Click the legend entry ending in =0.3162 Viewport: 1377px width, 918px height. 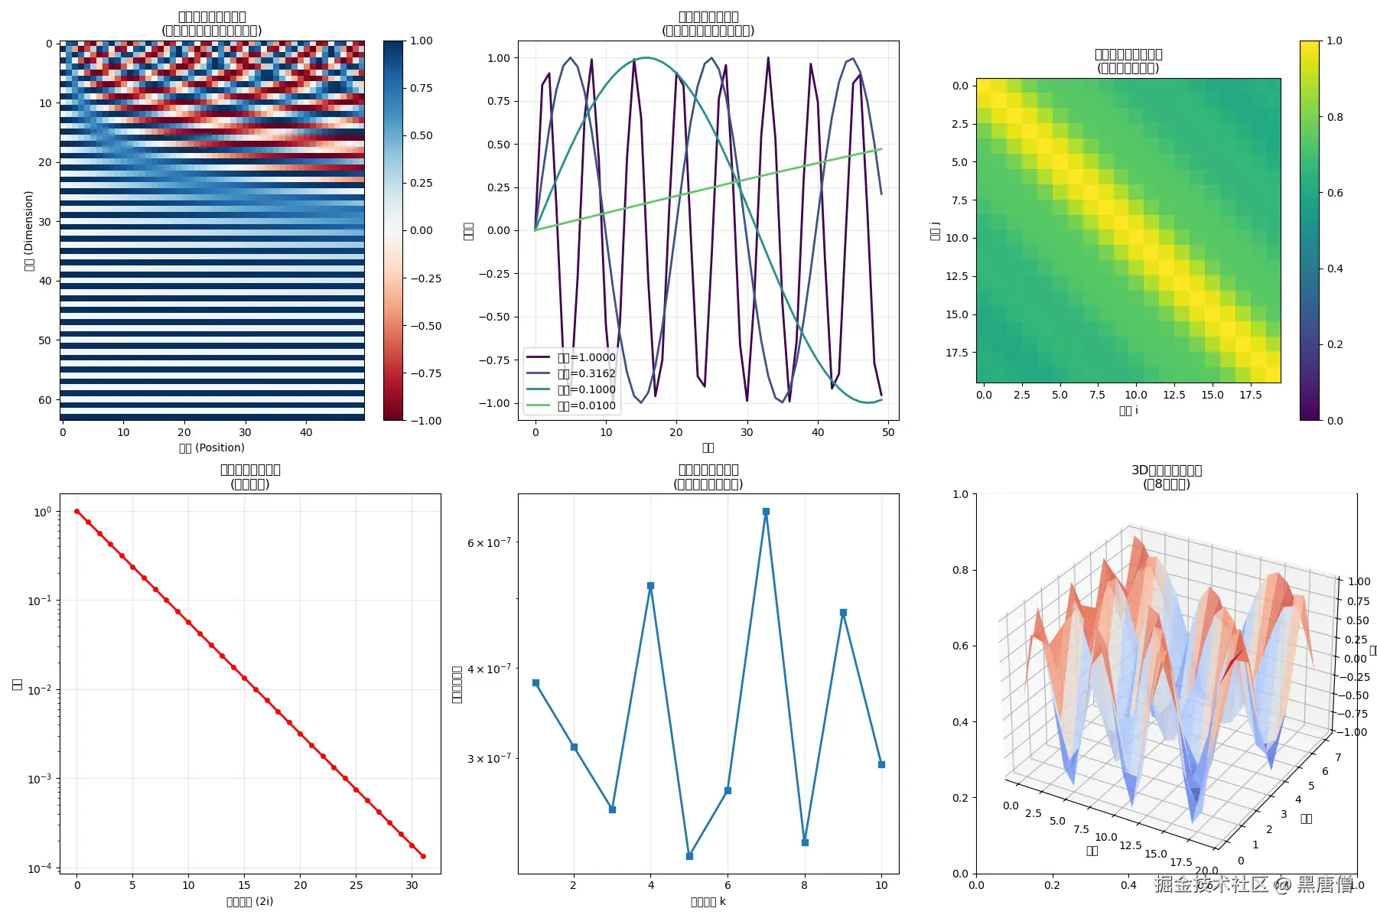pyautogui.click(x=586, y=373)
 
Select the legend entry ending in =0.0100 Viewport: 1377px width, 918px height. pyautogui.click(x=586, y=405)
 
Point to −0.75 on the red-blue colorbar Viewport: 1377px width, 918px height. pyautogui.click(x=426, y=373)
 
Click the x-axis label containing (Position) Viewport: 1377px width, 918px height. pyautogui.click(x=212, y=448)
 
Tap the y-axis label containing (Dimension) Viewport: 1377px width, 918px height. pyautogui.click(x=29, y=230)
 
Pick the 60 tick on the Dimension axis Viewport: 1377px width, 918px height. pyautogui.click(x=45, y=399)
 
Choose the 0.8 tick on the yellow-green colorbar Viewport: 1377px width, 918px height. pyautogui.click(x=1335, y=117)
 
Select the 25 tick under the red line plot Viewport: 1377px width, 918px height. pyautogui.click(x=356, y=885)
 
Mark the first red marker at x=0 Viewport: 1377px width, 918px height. pyautogui.click(x=76, y=511)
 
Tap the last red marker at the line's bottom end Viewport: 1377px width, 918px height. pyautogui.click(x=423, y=856)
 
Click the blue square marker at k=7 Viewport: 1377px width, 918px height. pyautogui.click(x=766, y=511)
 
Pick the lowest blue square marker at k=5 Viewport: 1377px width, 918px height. pyautogui.click(x=689, y=856)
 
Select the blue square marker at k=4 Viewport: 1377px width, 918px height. pyautogui.click(x=650, y=585)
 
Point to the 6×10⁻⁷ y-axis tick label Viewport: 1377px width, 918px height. pyautogui.click(x=489, y=542)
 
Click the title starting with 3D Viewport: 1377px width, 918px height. pyautogui.click(x=1167, y=470)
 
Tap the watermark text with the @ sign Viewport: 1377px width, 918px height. pyautogui.click(x=1253, y=884)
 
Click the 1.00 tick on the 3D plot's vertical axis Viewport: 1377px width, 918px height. pyautogui.click(x=1359, y=581)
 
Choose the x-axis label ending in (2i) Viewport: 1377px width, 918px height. pyautogui.click(x=250, y=901)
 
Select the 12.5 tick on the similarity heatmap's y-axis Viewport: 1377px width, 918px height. pyautogui.click(x=956, y=276)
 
